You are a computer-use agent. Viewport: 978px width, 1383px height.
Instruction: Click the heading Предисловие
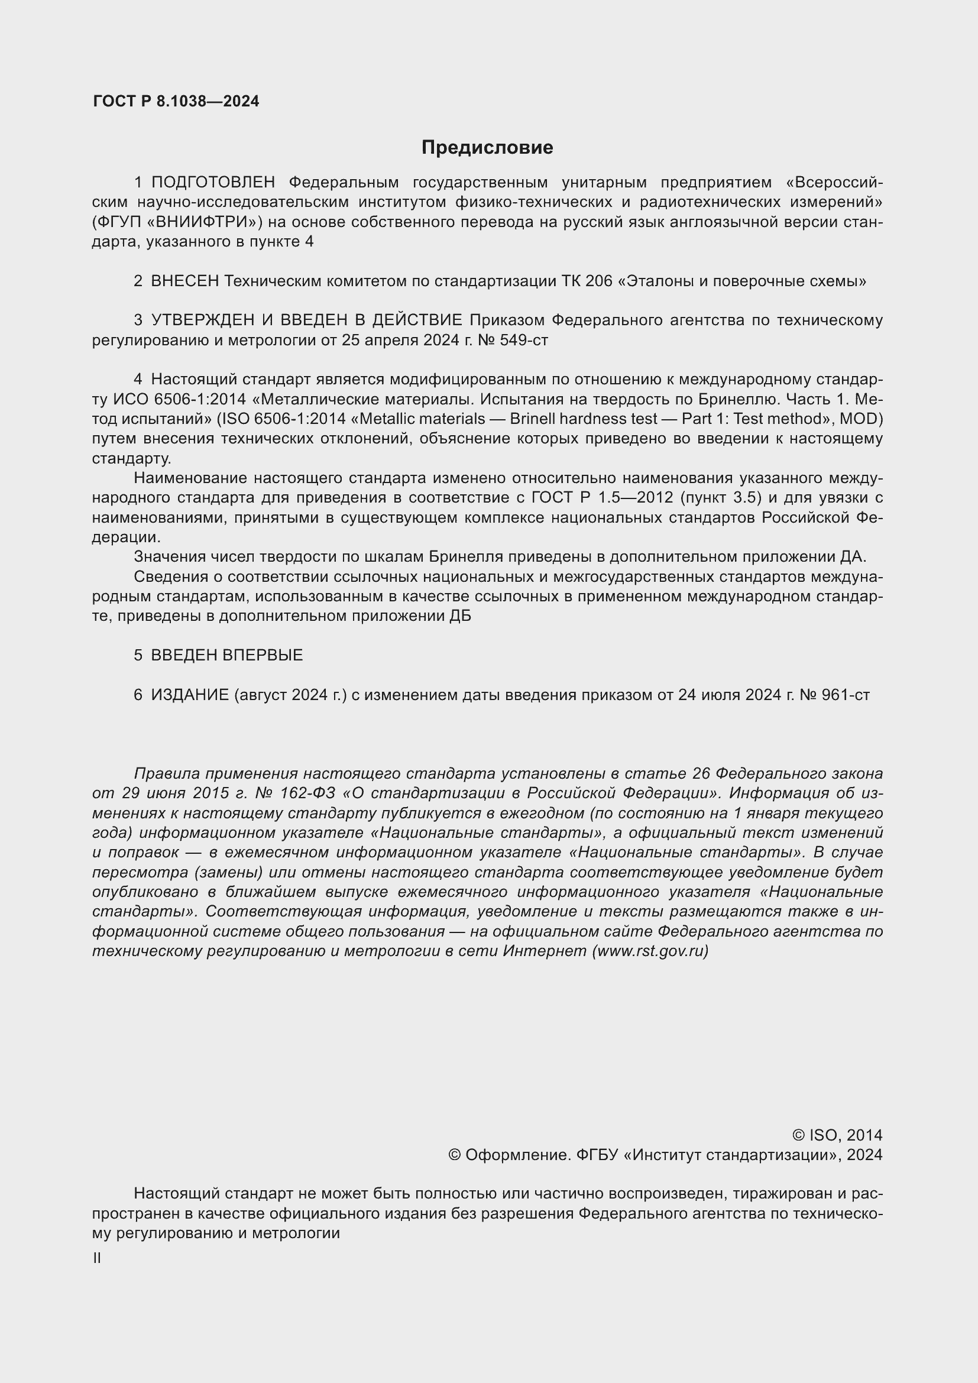(487, 148)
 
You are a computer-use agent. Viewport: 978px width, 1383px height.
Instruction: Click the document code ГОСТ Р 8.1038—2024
(176, 101)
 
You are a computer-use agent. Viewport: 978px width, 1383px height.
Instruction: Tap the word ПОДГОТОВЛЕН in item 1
(213, 182)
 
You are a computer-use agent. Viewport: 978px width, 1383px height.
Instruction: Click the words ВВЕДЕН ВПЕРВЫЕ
(226, 655)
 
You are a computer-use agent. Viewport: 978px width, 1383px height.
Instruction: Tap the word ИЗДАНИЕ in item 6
(190, 695)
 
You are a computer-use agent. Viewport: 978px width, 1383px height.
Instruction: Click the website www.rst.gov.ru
(650, 951)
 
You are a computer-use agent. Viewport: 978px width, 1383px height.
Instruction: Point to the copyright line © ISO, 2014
(837, 1135)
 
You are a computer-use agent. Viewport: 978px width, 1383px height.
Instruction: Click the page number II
(97, 1258)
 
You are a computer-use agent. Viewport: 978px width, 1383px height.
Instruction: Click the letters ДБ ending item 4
(460, 616)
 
